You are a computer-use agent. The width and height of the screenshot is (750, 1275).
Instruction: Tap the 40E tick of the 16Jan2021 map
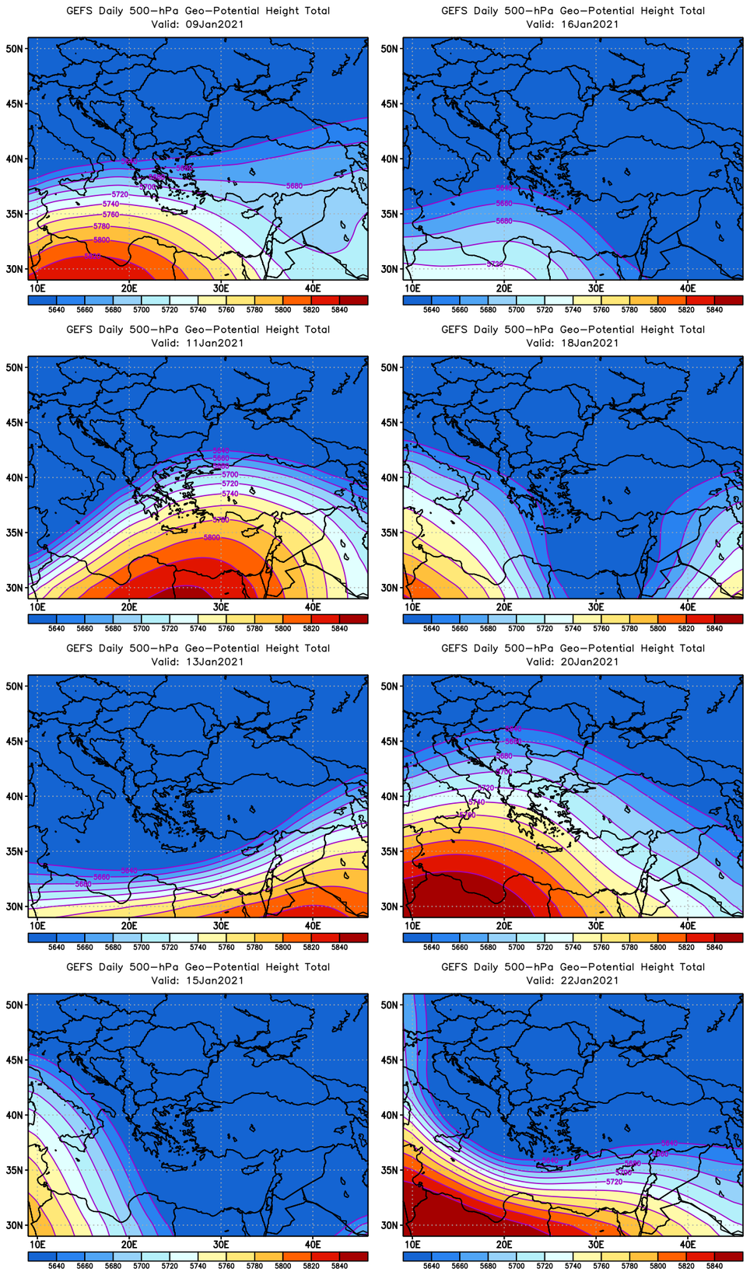click(688, 288)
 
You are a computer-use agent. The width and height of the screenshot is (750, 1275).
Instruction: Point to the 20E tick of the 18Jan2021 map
click(504, 607)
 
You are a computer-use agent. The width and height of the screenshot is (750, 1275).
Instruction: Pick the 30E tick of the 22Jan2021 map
click(596, 1245)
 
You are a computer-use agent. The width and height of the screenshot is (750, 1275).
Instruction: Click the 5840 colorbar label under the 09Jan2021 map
click(339, 309)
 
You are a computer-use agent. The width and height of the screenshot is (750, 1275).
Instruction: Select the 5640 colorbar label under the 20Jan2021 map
click(431, 947)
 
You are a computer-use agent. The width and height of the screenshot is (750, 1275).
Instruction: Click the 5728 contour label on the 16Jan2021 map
click(495, 264)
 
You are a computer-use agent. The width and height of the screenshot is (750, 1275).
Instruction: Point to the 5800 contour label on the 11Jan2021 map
click(212, 537)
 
